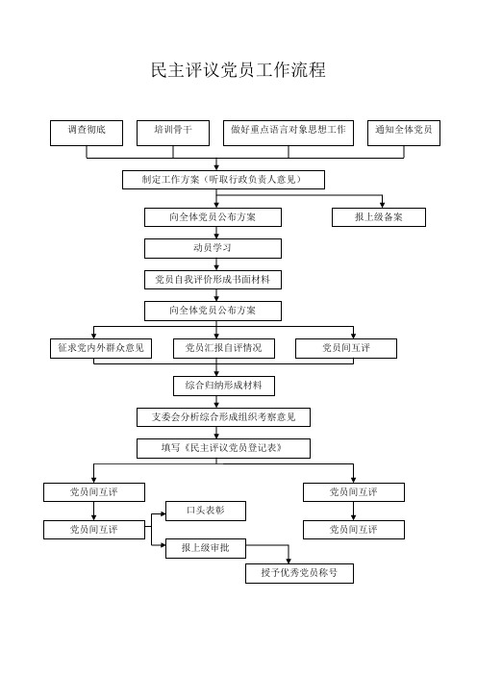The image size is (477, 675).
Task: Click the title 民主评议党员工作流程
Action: (238, 70)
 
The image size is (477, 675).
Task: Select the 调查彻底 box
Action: (87, 133)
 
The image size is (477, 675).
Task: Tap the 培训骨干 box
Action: (173, 133)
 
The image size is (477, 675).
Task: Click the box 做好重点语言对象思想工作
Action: (289, 133)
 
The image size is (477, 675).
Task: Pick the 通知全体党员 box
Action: (404, 133)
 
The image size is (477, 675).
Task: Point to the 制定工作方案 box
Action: (223, 180)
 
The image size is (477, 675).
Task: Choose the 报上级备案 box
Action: (379, 217)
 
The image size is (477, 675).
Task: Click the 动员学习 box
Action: (213, 248)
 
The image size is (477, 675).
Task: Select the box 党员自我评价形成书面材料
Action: (213, 280)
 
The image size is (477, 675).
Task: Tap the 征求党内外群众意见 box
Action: (101, 348)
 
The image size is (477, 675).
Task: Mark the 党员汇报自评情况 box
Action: (224, 348)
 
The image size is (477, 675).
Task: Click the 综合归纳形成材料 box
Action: (224, 386)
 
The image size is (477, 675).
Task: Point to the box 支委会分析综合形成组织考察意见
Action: (223, 417)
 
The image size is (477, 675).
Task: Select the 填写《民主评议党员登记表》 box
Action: (223, 448)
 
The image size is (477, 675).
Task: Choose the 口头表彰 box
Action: (206, 511)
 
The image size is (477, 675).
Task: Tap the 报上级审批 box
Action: (206, 548)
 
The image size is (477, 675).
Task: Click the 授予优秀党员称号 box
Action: (300, 573)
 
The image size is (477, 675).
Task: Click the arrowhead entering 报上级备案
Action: (383, 205)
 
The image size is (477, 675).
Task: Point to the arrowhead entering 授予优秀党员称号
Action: (289, 560)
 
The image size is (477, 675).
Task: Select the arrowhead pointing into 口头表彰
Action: (163, 513)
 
